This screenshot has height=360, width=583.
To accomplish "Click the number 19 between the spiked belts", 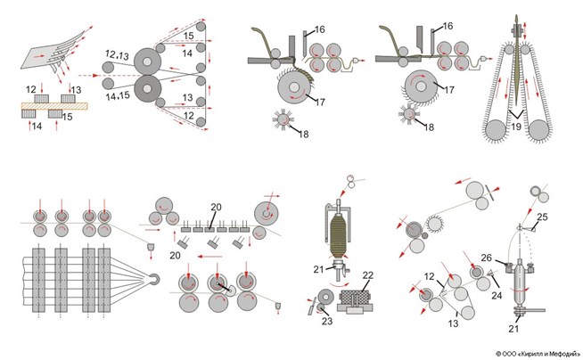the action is click(516, 127).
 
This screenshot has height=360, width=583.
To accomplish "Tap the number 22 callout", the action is click(368, 275).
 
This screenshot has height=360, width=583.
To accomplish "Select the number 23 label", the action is click(327, 321).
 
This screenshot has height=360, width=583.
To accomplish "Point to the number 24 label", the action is click(497, 295).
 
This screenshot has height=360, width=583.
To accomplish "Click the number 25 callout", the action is click(542, 217).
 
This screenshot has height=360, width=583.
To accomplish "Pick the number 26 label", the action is click(487, 258).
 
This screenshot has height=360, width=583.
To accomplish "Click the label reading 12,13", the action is click(117, 55).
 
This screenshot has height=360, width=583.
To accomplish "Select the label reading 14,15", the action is click(118, 96).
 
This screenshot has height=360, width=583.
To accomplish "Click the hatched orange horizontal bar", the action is click(54, 106).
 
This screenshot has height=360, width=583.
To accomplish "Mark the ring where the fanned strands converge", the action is click(154, 279).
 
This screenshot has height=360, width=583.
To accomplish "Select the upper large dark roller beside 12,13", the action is click(147, 61).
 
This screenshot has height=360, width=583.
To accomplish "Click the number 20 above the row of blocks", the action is click(216, 207).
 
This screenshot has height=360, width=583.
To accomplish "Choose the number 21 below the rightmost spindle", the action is click(513, 329).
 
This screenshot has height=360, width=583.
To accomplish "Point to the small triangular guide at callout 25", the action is click(532, 229).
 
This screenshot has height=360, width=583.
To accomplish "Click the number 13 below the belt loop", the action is click(453, 323).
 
